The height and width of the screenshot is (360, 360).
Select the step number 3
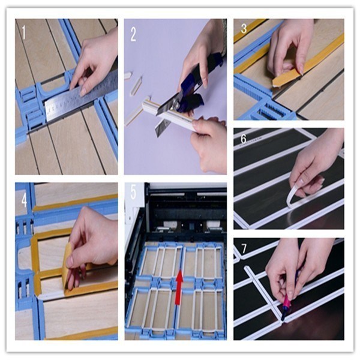coord(243,29)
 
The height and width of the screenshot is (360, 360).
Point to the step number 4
coord(24,199)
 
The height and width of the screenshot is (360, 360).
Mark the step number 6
coord(244,138)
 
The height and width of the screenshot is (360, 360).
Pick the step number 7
coord(243,248)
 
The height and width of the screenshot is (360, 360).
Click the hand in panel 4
coord(90,240)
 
